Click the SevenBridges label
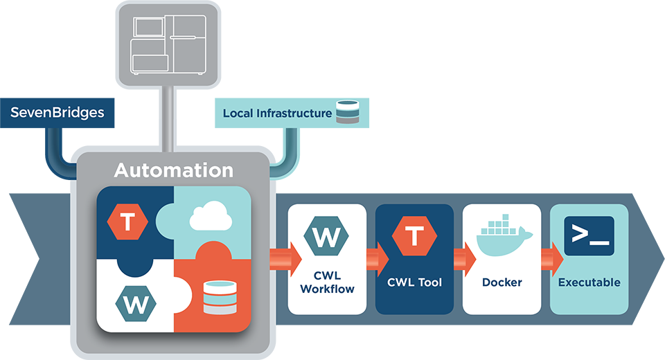[x=57, y=112]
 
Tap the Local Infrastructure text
[x=277, y=113]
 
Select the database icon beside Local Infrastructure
[x=347, y=112]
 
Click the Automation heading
[x=173, y=170]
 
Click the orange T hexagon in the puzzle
[x=128, y=222]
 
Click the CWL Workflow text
[x=326, y=282]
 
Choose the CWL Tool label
[x=414, y=282]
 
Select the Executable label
[x=589, y=282]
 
